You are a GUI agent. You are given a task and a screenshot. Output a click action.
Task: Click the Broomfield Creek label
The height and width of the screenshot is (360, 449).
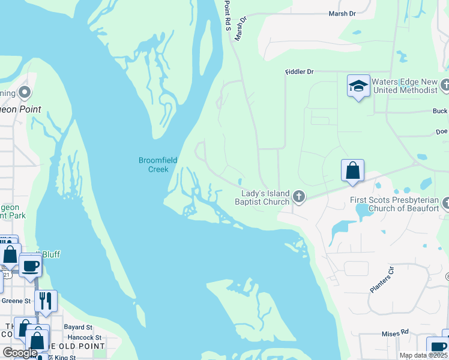point(153,164)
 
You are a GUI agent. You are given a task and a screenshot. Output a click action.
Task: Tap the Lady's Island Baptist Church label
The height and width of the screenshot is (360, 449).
point(265,197)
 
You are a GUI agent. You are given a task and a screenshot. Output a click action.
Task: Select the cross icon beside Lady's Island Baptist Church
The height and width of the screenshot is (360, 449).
point(298,196)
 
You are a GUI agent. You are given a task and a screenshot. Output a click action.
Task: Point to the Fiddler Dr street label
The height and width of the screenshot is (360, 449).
point(299,72)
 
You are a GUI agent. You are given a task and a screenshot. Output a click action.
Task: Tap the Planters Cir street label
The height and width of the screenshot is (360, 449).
point(381,280)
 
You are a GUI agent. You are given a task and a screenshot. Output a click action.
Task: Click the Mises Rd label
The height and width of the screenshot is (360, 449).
point(395,332)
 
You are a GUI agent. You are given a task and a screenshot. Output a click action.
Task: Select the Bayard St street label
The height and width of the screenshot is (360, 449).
point(78,328)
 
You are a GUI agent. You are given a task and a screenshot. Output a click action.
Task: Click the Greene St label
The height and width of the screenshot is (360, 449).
point(15,301)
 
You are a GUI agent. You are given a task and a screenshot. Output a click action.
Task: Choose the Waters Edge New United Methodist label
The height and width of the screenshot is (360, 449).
point(404,86)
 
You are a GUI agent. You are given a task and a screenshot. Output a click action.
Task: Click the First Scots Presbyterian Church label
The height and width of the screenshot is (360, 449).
point(396,204)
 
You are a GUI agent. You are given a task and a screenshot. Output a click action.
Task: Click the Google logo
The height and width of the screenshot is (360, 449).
point(20,353)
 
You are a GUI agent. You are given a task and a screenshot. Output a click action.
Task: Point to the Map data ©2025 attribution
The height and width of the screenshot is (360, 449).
point(422,355)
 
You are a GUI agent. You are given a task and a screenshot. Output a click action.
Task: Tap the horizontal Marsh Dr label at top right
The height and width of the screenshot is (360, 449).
point(342,13)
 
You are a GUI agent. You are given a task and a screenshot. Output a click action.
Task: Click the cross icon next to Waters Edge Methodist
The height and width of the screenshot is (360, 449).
point(445,85)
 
